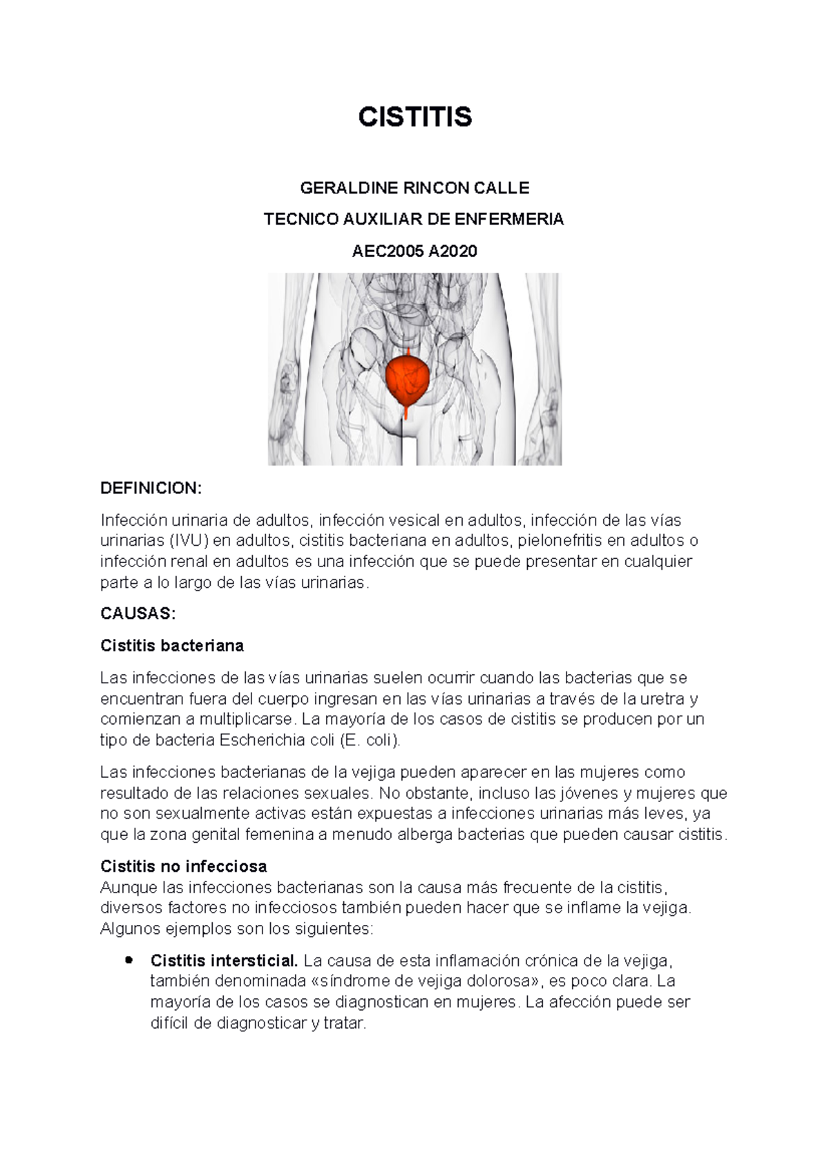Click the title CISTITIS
tap(414, 117)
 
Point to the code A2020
tap(453, 251)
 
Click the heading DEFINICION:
tap(151, 489)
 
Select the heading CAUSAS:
tap(138, 613)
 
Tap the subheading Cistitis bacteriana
tap(172, 646)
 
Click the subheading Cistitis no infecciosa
tap(184, 866)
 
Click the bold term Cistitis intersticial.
tap(225, 960)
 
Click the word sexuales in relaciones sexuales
tap(332, 793)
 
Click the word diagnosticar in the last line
tap(258, 1023)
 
